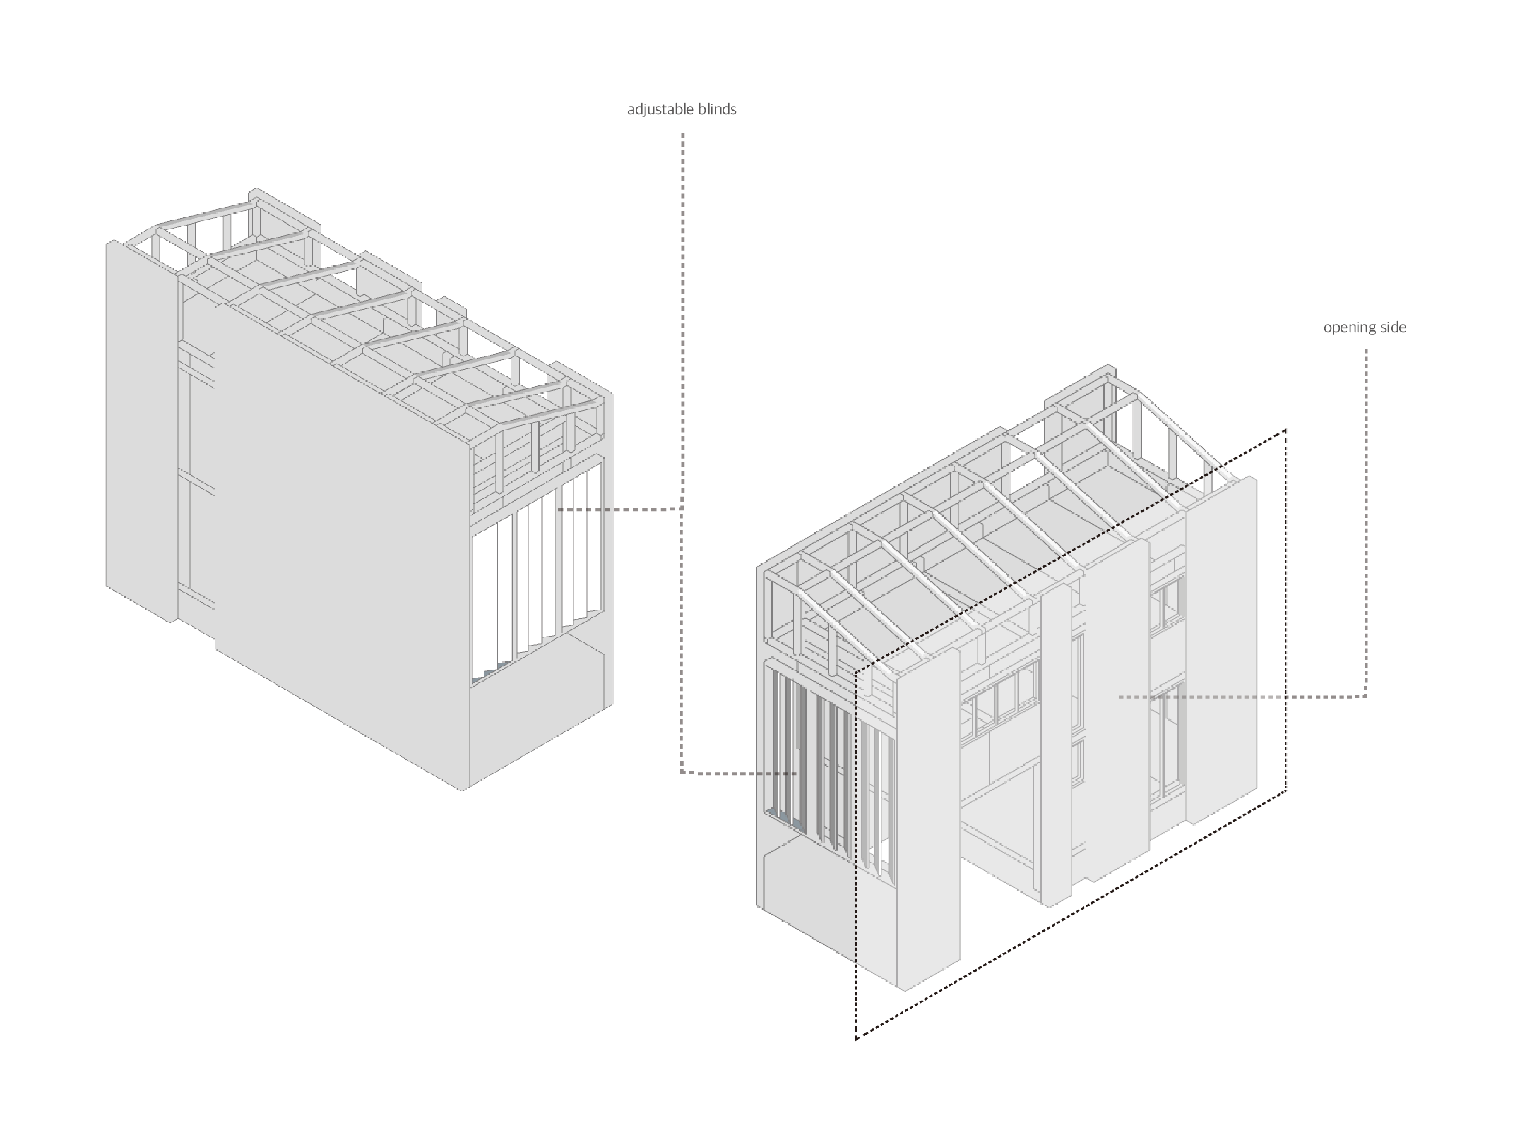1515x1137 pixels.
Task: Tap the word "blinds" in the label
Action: point(718,109)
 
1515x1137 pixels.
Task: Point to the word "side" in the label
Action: point(1393,328)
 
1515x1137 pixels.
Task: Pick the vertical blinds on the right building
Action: point(822,767)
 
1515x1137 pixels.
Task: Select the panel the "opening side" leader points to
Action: point(1117,706)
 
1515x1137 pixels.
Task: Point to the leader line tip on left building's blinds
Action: point(559,509)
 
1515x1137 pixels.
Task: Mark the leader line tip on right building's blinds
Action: point(796,773)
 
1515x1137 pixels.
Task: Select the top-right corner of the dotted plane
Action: point(1286,430)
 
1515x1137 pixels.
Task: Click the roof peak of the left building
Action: point(255,191)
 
